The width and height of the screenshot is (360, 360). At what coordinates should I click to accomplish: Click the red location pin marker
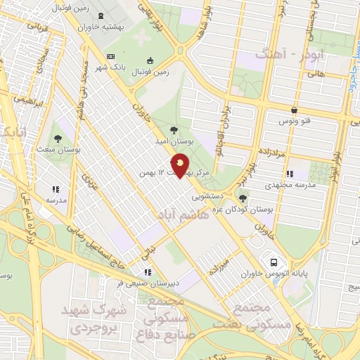[x=181, y=165]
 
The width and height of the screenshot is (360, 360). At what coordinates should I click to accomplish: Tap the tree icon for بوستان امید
[x=174, y=129]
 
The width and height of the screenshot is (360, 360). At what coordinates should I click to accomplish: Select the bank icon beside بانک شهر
[x=110, y=56]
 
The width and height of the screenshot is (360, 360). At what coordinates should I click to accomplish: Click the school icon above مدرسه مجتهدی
[x=289, y=173]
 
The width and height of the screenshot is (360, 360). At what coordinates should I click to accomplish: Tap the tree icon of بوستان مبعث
[x=58, y=139]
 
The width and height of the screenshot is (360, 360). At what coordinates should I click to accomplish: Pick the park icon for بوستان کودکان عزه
[x=243, y=198]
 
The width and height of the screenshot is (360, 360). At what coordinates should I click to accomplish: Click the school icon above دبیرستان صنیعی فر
[x=147, y=271]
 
